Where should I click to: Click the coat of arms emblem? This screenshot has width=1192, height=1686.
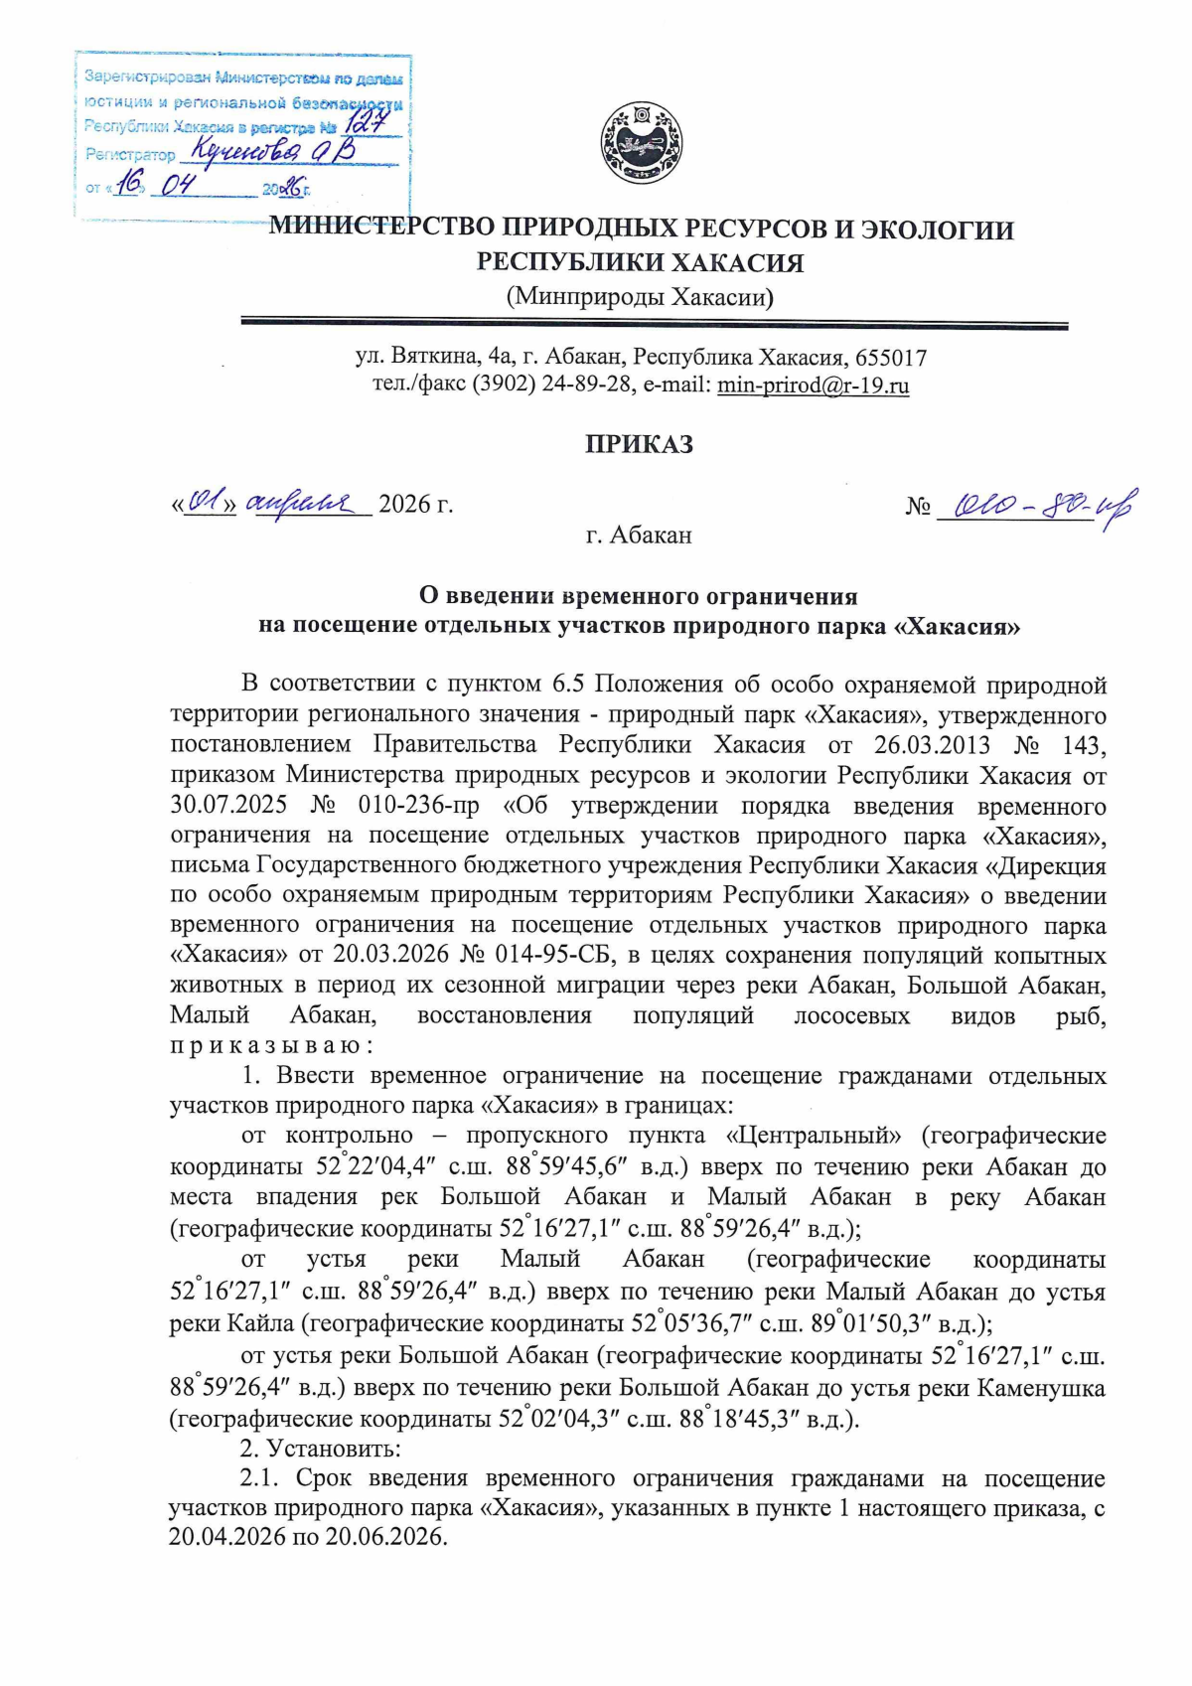pyautogui.click(x=640, y=145)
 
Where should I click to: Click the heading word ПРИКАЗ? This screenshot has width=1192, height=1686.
pyautogui.click(x=639, y=444)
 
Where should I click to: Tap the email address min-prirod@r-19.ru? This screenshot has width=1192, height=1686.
pyautogui.click(x=813, y=385)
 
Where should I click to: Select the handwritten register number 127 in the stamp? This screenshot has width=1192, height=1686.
pyautogui.click(x=368, y=123)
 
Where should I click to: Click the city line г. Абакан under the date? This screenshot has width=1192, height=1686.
pyautogui.click(x=639, y=536)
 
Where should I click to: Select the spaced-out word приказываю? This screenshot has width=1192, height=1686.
pyautogui.click(x=270, y=1046)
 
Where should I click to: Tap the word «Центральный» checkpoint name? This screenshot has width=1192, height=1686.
pyautogui.click(x=815, y=1135)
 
